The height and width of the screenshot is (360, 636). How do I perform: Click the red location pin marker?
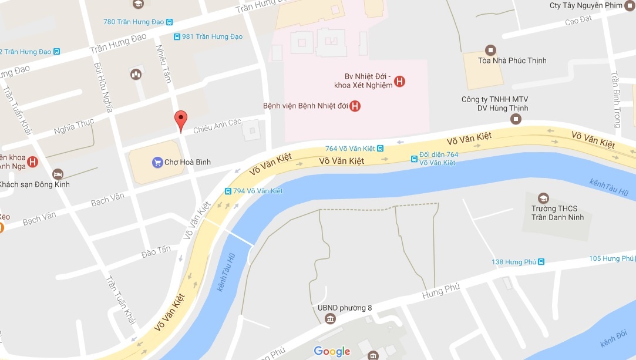click(181, 119)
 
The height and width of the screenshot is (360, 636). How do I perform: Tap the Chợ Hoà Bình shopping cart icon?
click(157, 162)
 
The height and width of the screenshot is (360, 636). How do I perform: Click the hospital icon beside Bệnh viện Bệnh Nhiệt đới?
click(355, 106)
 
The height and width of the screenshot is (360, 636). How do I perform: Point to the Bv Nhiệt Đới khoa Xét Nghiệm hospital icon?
click(399, 81)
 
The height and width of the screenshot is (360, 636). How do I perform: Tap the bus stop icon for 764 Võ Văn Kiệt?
click(380, 149)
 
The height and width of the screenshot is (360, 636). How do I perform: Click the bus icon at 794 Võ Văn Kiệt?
click(228, 191)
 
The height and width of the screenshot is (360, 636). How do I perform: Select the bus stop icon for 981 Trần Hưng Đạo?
click(177, 36)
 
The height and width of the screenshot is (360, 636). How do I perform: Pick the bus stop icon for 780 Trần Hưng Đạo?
click(169, 22)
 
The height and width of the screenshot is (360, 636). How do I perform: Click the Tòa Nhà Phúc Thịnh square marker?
click(490, 50)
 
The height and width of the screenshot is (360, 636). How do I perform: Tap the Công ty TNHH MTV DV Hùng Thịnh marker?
click(516, 119)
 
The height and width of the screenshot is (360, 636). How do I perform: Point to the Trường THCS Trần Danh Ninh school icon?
click(544, 198)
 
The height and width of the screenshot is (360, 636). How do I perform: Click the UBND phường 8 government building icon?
click(329, 318)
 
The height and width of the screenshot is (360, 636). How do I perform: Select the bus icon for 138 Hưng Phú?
click(541, 262)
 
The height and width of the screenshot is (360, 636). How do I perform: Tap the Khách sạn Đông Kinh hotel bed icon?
click(58, 174)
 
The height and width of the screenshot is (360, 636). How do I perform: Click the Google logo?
click(332, 351)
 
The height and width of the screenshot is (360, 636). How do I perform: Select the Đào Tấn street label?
click(156, 251)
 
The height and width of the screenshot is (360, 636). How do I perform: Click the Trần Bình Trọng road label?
click(615, 100)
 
